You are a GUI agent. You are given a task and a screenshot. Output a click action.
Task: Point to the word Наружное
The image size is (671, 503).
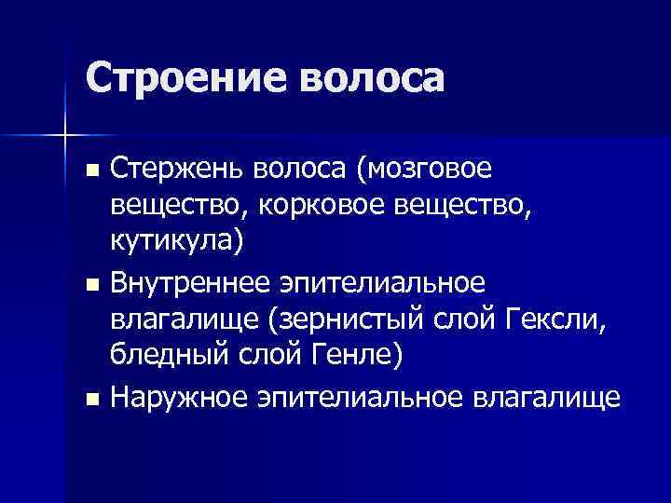click(x=176, y=398)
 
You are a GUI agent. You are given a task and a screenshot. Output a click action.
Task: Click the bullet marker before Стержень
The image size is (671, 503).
click(x=90, y=171)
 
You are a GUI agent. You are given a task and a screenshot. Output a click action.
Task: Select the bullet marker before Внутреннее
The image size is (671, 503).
click(x=90, y=284)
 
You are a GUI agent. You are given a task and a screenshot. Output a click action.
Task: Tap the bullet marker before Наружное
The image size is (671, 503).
click(x=90, y=399)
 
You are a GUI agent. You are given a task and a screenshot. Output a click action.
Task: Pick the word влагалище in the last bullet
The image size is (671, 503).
click(x=546, y=398)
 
